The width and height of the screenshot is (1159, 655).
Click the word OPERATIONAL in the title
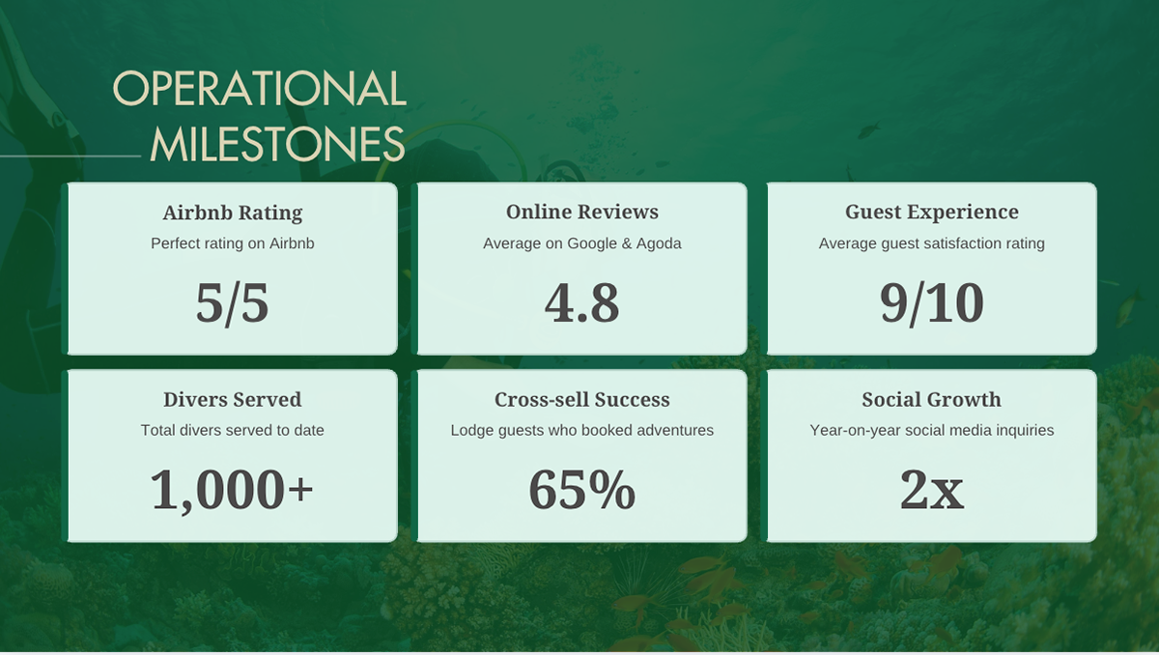[259, 90]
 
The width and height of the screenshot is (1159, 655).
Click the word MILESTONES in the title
[277, 145]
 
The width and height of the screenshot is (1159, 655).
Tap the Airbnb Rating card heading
[233, 213]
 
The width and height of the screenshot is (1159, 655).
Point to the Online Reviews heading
[582, 213]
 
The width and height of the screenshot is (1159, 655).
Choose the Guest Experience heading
[931, 213]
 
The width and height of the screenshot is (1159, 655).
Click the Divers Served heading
[233, 400]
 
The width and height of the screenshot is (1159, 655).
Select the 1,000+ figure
[232, 490]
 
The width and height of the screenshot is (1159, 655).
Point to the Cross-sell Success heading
[582, 400]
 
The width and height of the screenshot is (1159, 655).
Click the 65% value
[581, 490]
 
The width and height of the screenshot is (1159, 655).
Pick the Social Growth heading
[931, 400]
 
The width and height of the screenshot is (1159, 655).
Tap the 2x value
[931, 490]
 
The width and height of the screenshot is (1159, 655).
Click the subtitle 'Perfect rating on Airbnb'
[233, 243]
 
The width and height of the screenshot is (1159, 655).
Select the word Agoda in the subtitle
[659, 243]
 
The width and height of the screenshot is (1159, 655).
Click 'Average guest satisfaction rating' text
[931, 243]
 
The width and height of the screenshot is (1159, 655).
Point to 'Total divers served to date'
[233, 430]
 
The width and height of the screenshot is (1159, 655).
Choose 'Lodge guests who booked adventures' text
[582, 430]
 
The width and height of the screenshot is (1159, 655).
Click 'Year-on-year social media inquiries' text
[931, 430]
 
